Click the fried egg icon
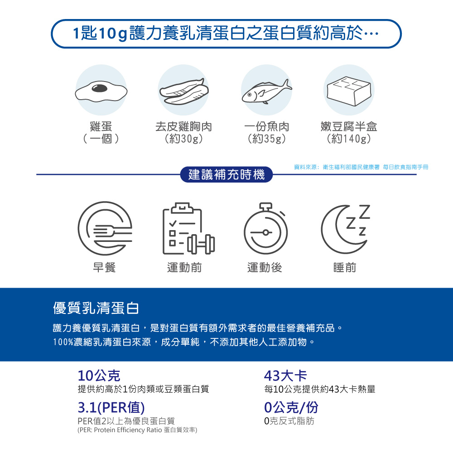tap(101, 91)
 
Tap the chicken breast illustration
tap(184, 92)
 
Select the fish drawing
tap(267, 92)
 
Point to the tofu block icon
tap(349, 91)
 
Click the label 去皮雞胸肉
tap(184, 126)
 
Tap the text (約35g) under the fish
tap(267, 139)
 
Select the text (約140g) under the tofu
tap(349, 139)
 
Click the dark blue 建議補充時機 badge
tap(226, 174)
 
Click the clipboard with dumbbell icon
tap(188, 228)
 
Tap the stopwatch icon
tap(266, 228)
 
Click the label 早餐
tap(104, 268)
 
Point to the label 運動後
tap(265, 268)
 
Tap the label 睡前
tap(345, 268)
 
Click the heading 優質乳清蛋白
tap(96, 308)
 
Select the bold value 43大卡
tap(285, 376)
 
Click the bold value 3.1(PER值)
tap(111, 408)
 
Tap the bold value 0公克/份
tap(291, 408)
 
